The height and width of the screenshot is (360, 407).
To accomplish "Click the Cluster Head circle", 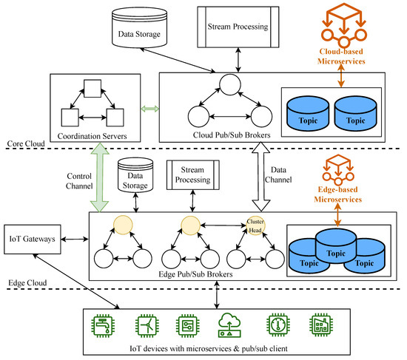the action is pos(256,226).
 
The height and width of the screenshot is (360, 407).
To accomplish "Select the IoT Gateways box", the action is pos(33,239).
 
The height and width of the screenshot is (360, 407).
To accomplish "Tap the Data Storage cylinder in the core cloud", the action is pos(139,27).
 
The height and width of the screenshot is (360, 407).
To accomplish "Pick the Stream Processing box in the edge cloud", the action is pos(193,174).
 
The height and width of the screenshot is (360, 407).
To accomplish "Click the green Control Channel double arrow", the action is pos(100,177).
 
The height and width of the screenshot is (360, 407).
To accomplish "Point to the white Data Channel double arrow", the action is pos(261,177).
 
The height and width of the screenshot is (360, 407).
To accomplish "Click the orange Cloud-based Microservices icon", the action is pos(344,24).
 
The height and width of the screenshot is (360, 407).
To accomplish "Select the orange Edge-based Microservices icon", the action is pos(338,169).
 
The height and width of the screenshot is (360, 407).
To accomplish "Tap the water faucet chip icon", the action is pos(103,325).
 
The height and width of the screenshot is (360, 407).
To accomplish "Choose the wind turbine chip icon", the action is pos(147,325).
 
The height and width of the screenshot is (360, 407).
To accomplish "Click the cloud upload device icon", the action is pos(229,325).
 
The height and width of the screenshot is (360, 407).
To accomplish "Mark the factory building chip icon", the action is pos(321,325).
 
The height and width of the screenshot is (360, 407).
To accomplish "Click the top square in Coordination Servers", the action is pos(92,89).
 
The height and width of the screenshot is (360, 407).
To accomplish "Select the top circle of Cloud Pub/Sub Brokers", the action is pos(230,84).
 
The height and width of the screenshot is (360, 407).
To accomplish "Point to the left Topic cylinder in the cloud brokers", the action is pos(308,113).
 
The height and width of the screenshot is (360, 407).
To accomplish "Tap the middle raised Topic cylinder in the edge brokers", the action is pos(336,246).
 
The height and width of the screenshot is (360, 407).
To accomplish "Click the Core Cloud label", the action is pos(26,143).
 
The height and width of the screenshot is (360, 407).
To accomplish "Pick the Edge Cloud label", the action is pos(27,282).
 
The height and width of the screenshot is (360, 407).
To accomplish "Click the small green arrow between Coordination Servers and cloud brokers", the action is pos(149,109).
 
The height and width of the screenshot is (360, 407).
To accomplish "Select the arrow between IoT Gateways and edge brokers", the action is pos(75,239).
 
